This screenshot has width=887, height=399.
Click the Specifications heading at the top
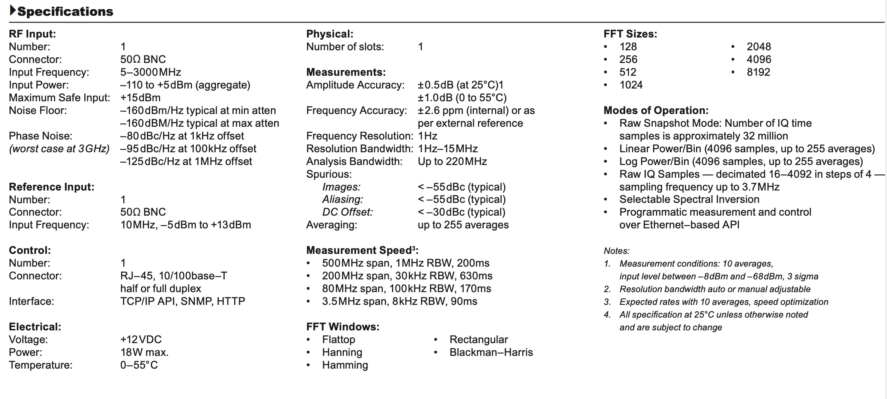coord(65,12)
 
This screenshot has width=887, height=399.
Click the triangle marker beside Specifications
coord(13,11)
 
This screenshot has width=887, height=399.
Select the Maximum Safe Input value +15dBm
coord(140,98)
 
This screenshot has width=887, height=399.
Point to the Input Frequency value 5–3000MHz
coord(150,72)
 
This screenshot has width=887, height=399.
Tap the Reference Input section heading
coord(51,187)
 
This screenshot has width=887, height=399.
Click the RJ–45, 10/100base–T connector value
coord(174,276)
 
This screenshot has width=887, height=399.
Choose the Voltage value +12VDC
coord(141,340)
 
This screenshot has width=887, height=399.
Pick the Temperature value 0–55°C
coord(139,365)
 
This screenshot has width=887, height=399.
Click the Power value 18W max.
coord(144,352)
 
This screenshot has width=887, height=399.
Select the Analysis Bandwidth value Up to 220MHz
coord(452,162)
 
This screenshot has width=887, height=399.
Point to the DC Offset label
coord(347,212)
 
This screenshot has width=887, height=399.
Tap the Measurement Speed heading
coord(362,250)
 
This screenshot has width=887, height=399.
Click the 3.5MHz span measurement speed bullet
coord(399,301)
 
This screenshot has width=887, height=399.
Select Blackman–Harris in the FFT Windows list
coord(491,352)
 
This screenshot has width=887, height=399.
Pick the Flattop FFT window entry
coord(338,340)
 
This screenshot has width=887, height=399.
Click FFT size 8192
coord(758,72)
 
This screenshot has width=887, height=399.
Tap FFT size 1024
coord(631,85)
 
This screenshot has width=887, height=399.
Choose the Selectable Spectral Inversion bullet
coord(689,199)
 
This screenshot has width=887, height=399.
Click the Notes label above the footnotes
coord(616,251)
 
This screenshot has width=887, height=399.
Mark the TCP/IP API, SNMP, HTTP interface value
coord(183,301)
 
